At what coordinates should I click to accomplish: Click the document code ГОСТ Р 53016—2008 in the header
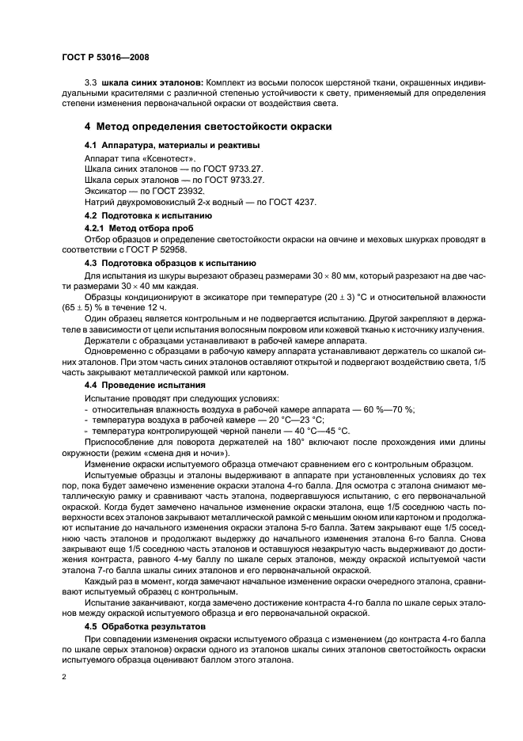coord(105,57)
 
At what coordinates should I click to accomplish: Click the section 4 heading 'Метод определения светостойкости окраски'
coord(207,126)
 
